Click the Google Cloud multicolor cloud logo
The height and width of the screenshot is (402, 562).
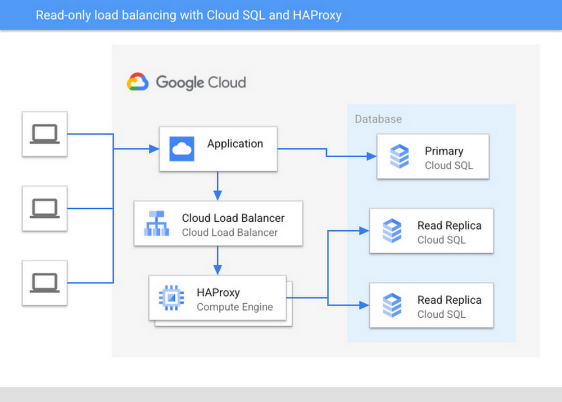tap(138, 82)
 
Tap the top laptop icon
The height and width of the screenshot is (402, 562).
tap(44, 134)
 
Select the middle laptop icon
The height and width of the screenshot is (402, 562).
tap(44, 208)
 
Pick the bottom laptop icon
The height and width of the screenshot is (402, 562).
tap(44, 282)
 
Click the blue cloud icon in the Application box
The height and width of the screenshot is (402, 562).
tap(182, 149)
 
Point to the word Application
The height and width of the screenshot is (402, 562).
tap(235, 144)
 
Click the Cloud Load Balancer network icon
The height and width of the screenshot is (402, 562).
tap(156, 223)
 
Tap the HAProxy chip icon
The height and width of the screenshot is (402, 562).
tap(171, 298)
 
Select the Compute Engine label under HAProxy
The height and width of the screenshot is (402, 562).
tap(234, 307)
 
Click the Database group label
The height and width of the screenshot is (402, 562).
tap(378, 119)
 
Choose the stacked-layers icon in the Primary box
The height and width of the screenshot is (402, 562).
tap(400, 157)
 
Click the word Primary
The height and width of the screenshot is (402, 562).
tap(444, 151)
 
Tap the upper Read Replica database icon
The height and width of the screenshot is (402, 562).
tap(392, 231)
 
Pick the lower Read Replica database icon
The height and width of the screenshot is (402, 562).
tap(392, 305)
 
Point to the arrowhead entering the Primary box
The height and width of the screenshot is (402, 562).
tap(371, 156)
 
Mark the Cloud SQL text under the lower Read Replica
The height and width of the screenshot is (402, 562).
tap(441, 314)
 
